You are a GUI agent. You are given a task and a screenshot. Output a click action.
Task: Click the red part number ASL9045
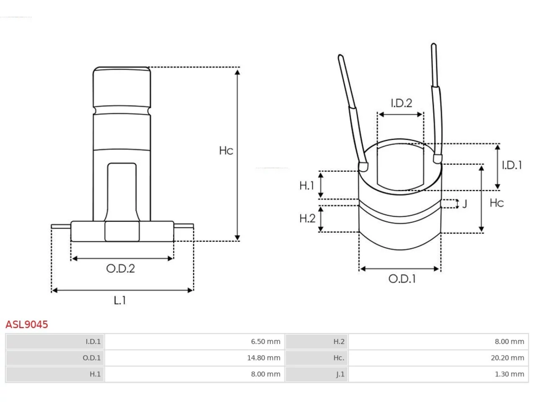coord(27,325)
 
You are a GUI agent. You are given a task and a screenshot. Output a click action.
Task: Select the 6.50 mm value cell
coord(194,341)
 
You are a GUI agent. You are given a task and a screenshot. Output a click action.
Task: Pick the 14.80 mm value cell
coord(194,358)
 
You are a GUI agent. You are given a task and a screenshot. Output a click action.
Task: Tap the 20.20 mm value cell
coord(438,358)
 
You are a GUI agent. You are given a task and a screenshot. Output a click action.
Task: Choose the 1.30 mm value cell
coord(438,374)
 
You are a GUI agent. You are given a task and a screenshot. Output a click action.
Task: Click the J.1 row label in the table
coord(340,374)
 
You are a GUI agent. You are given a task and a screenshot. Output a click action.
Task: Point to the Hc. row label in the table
coord(339,358)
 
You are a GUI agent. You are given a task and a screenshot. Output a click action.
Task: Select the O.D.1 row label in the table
coord(92,358)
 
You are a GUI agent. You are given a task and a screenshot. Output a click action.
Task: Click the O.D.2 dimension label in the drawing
coord(121,268)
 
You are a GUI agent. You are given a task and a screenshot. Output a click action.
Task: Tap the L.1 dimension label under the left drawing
coord(120,300)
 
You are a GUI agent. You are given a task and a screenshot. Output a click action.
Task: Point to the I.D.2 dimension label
coord(402,103)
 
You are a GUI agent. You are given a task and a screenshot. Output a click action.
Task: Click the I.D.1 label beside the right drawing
coord(512,165)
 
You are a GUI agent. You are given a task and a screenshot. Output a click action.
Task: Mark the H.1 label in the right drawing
coord(307,186)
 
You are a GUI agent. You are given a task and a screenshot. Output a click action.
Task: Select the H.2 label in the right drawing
coord(307,219)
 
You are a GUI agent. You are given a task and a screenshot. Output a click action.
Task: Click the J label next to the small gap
coord(465,204)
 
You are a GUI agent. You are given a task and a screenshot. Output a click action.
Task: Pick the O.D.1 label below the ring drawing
coord(402,279)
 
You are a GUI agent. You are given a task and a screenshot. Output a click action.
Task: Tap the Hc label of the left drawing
coord(226,151)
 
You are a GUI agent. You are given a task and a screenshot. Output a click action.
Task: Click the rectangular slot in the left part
coord(122,192)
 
